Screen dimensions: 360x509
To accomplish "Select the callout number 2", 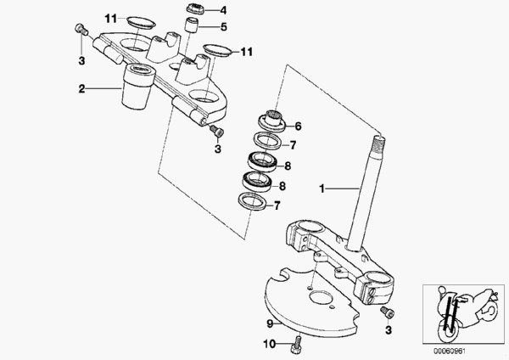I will pyautogui.click(x=81, y=87).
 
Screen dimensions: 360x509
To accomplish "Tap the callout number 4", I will pyautogui.click(x=223, y=10).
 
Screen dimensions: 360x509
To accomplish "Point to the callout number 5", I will pyautogui.click(x=224, y=26).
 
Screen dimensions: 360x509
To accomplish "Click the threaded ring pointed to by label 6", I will pyautogui.click(x=275, y=115).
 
